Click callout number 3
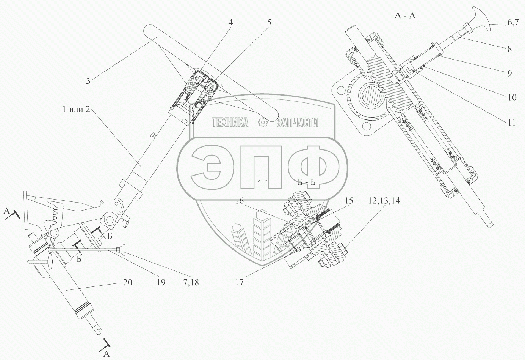click(x=88, y=81)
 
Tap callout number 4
click(x=230, y=22)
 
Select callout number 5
click(x=269, y=22)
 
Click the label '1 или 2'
click(x=77, y=109)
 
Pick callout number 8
click(x=509, y=49)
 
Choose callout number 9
click(x=509, y=73)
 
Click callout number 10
click(x=512, y=97)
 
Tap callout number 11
click(x=512, y=123)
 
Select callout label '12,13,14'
click(x=384, y=200)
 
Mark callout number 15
click(x=349, y=200)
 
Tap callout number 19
click(x=161, y=282)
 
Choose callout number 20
click(x=127, y=282)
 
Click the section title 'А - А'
click(x=405, y=16)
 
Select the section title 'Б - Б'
click(x=307, y=182)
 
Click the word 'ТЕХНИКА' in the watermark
click(x=230, y=122)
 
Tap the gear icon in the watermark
click(x=263, y=122)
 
